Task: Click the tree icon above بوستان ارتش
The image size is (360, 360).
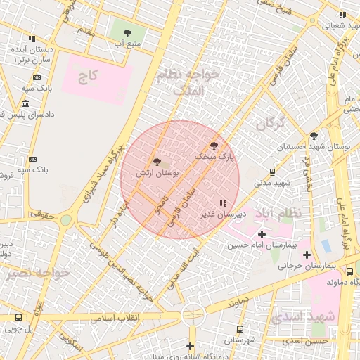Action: pos(157,162)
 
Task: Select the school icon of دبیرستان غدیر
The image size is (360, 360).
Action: pos(223,203)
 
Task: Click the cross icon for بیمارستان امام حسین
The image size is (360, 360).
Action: pos(262,234)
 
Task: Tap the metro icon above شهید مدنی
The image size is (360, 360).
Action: pos(273,172)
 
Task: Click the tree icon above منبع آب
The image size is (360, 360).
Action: pos(127,33)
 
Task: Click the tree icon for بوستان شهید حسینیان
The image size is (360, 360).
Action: pos(314,136)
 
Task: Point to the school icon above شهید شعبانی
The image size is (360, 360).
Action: pos(342,14)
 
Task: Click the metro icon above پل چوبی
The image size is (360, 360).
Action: pos(19,317)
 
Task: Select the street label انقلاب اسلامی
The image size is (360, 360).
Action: pos(114,317)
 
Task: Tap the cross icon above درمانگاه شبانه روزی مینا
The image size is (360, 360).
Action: pos(190,346)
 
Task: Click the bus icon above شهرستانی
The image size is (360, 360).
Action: pos(240,329)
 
